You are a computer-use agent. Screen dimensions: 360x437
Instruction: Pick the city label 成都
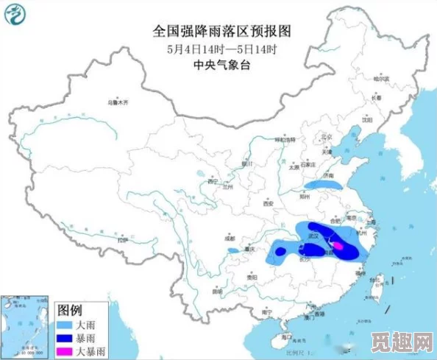pos(230,238)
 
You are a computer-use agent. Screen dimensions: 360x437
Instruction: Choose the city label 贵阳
pos(252,278)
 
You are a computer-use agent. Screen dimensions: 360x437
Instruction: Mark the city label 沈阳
pos(367,119)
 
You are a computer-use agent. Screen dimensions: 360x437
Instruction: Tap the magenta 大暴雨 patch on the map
pos(337,245)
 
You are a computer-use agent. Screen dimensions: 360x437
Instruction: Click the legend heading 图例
pos(70,308)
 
